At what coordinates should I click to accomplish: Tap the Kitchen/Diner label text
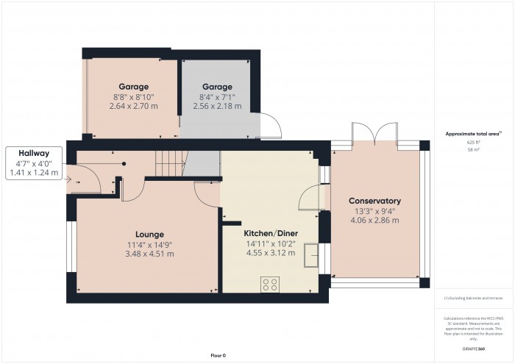(x=270, y=232)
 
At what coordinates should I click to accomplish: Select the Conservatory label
(x=374, y=200)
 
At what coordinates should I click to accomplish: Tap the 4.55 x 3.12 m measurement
(x=270, y=253)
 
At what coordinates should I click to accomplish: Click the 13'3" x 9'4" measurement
(x=374, y=210)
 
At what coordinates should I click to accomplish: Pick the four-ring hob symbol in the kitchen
(x=269, y=283)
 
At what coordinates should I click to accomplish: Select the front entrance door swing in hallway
(x=80, y=179)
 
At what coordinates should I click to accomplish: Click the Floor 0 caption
(x=218, y=355)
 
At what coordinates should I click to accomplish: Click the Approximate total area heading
(x=473, y=133)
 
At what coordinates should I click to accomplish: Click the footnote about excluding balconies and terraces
(x=473, y=297)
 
